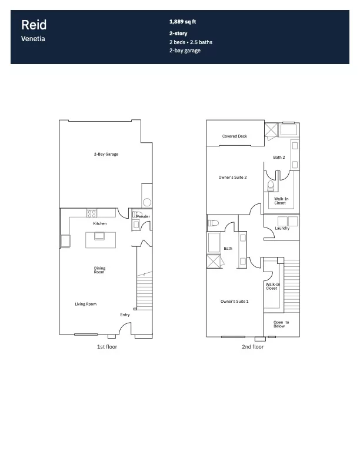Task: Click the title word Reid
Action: [34, 25]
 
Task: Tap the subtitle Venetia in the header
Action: [33, 39]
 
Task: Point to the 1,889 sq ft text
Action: [182, 22]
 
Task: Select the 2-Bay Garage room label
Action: [106, 154]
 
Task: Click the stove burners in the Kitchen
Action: [92, 213]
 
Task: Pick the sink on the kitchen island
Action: [99, 236]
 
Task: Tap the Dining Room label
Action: [99, 270]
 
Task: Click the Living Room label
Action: [85, 304]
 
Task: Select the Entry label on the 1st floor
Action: [125, 315]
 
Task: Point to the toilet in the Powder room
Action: [137, 214]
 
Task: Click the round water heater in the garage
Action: [147, 203]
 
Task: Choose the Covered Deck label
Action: [235, 136]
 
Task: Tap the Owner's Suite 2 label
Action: [232, 178]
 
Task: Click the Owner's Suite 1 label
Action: [235, 302]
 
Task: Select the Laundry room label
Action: [282, 228]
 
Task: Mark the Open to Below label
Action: [281, 324]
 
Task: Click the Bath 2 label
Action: [279, 157]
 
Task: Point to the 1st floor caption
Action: [107, 347]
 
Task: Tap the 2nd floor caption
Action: [252, 347]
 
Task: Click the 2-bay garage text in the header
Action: [185, 51]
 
